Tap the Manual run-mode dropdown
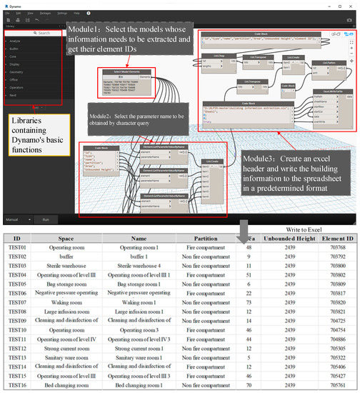click(16, 220)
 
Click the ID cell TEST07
click(17, 302)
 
